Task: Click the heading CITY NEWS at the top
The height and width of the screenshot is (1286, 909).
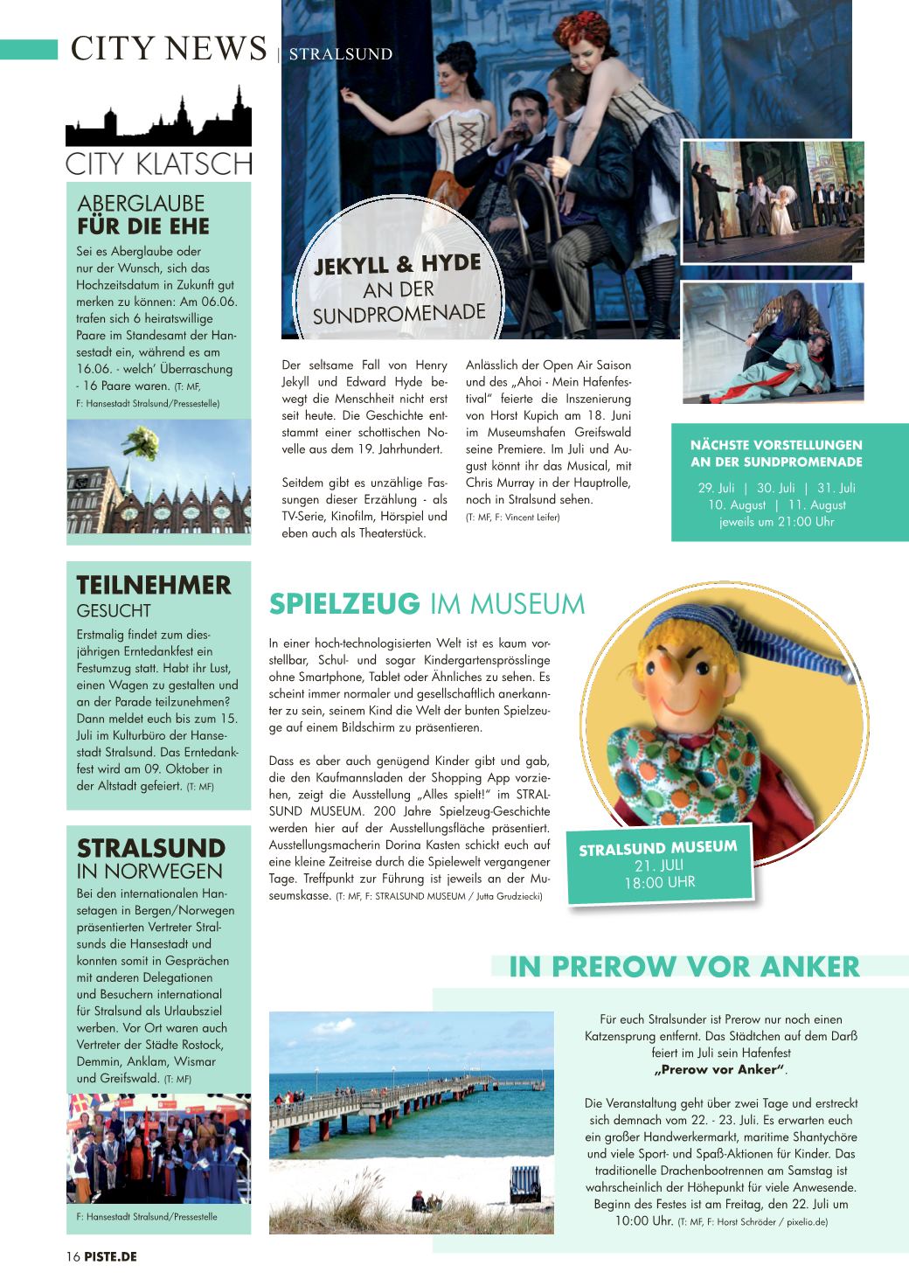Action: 169,48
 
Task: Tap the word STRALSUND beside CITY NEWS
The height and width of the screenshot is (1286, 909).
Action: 340,54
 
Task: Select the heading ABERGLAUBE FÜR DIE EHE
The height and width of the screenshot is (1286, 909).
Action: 143,215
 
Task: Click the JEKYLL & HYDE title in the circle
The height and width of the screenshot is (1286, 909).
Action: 398,264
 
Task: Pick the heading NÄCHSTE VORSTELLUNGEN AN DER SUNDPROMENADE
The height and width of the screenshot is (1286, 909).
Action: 776,454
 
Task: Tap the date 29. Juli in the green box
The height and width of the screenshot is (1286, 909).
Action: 716,488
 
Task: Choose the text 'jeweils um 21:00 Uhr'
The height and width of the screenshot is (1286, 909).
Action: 776,522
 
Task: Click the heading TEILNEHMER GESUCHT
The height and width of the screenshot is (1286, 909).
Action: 153,595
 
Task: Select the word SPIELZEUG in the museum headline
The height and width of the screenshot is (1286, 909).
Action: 344,604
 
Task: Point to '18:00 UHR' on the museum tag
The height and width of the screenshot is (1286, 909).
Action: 659,883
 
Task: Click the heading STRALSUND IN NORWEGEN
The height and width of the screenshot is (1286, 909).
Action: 150,858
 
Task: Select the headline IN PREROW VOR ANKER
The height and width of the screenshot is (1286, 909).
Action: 684,967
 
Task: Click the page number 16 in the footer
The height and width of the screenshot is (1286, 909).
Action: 73,1257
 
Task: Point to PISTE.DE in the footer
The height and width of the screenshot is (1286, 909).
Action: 111,1257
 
